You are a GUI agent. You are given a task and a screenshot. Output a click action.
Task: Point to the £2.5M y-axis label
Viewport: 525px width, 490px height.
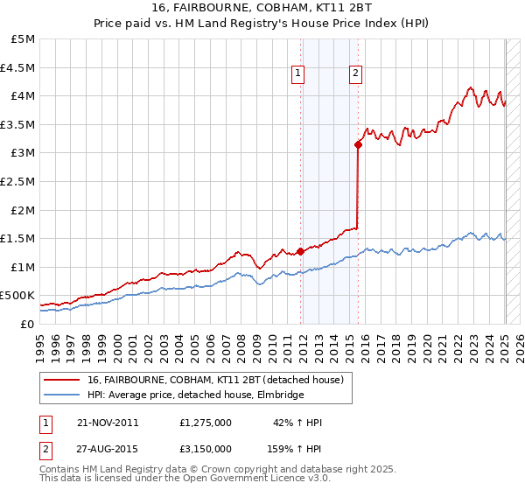[x=17, y=181]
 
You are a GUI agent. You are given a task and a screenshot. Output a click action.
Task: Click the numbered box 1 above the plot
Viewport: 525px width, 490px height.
[x=300, y=73]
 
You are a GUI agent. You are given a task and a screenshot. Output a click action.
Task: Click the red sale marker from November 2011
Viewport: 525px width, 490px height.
[x=300, y=251]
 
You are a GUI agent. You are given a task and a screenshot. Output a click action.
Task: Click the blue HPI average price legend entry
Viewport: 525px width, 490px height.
[x=194, y=395]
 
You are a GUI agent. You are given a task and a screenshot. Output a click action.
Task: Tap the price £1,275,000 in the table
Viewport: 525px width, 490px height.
[x=204, y=423]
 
